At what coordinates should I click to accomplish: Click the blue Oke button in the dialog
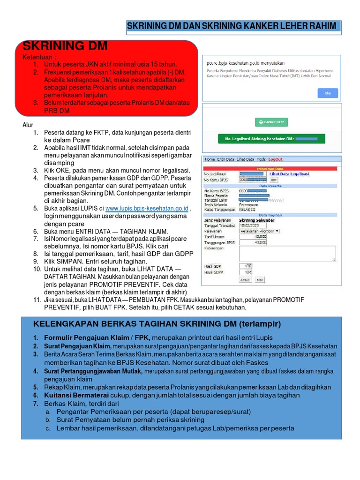pos(328,93)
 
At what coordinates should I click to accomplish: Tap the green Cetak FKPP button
pos(272,122)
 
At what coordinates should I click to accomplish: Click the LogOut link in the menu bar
pos(276,159)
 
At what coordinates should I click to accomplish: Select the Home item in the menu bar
pos(210,159)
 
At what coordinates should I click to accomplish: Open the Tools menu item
pos(261,159)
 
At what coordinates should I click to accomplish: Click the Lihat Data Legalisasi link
pos(289,174)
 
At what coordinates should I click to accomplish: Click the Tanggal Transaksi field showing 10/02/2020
pos(251,225)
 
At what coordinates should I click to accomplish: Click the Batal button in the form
pos(259,279)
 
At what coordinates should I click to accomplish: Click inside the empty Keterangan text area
pos(287,254)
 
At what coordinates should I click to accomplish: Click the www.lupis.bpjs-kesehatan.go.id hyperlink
pos(147,208)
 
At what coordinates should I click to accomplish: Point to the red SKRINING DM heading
pos(65,46)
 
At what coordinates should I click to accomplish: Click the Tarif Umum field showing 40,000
pos(253,237)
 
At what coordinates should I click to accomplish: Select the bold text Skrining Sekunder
pos(256,220)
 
